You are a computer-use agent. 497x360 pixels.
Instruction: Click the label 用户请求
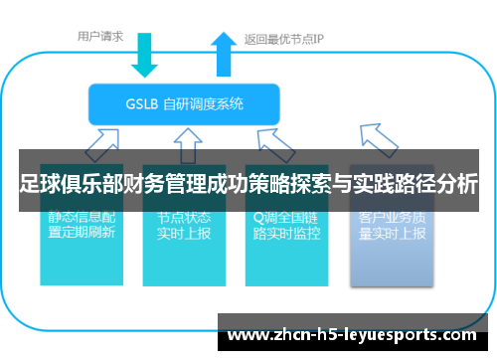100,37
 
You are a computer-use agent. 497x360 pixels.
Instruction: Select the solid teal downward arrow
145,56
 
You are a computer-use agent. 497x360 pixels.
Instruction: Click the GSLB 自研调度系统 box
185,102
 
